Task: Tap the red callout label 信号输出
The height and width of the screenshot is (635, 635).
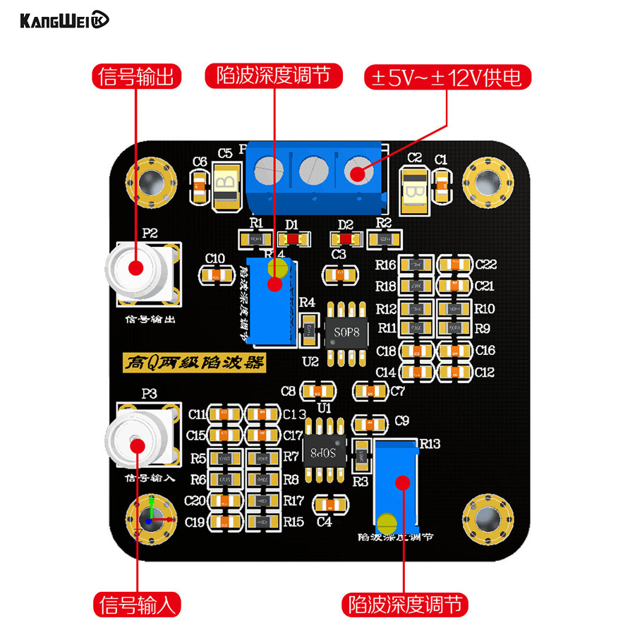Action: click(x=137, y=76)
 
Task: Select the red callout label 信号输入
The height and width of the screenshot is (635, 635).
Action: click(x=137, y=605)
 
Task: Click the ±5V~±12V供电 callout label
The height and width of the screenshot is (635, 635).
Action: click(x=447, y=76)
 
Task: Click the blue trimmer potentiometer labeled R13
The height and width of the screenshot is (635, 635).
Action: click(x=397, y=487)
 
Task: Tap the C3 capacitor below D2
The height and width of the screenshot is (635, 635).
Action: click(x=339, y=273)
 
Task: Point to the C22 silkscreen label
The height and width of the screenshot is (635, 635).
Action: click(x=486, y=265)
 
